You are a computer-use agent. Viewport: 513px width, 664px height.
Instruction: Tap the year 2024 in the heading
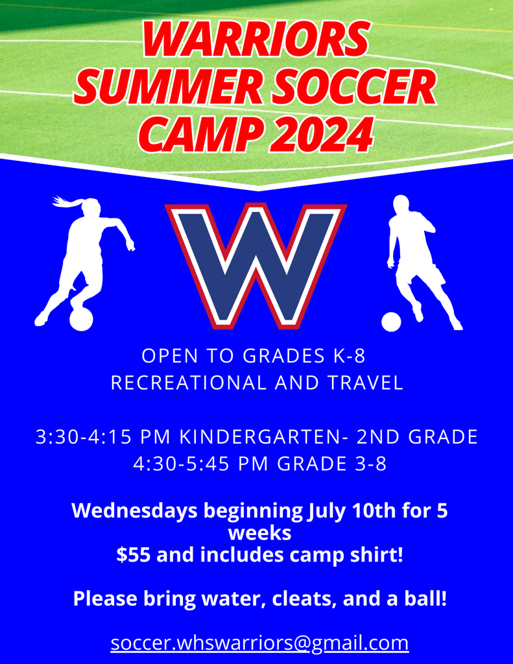pyautogui.click(x=325, y=132)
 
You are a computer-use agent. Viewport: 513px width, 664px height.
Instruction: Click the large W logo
pyautogui.click(x=256, y=263)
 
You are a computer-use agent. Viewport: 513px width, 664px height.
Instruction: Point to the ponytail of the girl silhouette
pyautogui.click(x=66, y=202)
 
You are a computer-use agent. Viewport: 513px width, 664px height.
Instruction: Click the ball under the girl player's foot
pyautogui.click(x=81, y=319)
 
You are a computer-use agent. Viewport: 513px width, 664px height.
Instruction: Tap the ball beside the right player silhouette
pyautogui.click(x=391, y=322)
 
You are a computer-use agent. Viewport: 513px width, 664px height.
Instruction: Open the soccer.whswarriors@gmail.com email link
pyautogui.click(x=259, y=643)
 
